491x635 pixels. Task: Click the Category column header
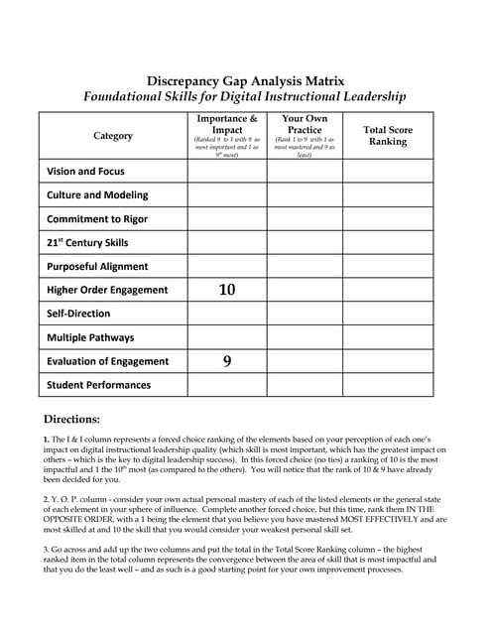coord(113,135)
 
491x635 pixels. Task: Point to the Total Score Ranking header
coord(388,135)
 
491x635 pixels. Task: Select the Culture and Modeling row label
coord(97,195)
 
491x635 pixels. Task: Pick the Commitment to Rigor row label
coord(97,219)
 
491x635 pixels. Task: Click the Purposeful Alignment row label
coord(97,266)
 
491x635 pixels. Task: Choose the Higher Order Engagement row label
coord(107,290)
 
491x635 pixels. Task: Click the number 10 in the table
coord(227,290)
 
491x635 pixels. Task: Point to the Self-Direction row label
coord(78,314)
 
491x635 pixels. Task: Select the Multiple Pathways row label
coord(90,337)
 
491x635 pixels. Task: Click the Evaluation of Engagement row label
coord(108,361)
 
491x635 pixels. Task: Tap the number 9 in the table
coord(227,361)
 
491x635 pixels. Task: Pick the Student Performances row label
coord(99,385)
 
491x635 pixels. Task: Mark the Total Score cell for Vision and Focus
coord(388,172)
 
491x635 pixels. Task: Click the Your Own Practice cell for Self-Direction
coord(305,314)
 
